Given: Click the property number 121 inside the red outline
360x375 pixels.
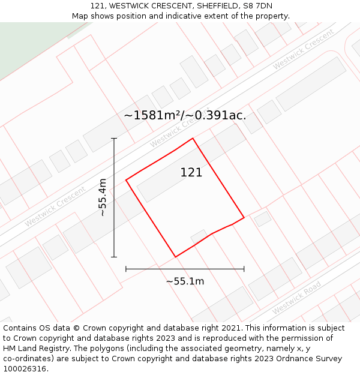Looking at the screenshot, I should point(191,173).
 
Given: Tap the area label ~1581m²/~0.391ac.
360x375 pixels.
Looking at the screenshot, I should point(185,115).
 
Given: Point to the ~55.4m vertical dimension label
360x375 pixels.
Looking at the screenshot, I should point(102,197).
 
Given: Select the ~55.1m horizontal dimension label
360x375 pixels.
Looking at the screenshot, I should point(185,281).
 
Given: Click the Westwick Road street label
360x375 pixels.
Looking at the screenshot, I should point(296,297).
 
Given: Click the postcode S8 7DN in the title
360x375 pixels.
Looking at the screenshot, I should point(259,6).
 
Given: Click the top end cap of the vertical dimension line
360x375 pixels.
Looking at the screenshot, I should point(114,139).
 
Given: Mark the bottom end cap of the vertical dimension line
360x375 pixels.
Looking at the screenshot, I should point(114,257).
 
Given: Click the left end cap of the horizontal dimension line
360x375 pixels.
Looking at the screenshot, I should point(126,269).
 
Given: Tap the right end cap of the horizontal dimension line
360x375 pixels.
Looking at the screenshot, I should point(244,269).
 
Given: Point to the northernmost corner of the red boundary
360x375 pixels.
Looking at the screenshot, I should point(193,139).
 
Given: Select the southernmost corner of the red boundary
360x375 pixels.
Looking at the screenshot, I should point(175,257).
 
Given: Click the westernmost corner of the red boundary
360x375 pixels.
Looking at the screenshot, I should point(126,180).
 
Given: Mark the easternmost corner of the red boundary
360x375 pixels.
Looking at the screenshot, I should point(244,217).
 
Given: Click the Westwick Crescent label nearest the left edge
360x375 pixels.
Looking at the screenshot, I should point(55,207).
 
